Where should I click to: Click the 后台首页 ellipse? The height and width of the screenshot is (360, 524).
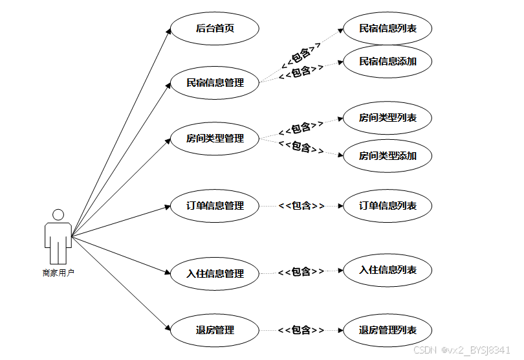pos(215,28)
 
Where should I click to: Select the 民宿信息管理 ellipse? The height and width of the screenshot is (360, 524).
pos(215,82)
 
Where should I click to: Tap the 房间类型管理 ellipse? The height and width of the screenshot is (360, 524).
pos(215,138)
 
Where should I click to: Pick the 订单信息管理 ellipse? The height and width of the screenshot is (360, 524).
pos(215,205)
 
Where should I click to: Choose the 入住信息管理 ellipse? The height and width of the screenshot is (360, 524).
pos(215,273)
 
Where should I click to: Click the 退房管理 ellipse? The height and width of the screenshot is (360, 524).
pos(215,330)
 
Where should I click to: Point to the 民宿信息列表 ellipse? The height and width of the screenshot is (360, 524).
pos(388,28)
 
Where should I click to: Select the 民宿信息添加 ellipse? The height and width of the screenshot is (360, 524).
pos(388,62)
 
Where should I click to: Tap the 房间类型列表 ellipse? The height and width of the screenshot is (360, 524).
pos(388,118)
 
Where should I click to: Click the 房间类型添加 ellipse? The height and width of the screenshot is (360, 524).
pos(388,155)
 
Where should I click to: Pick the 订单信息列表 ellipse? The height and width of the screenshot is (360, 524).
pos(388,205)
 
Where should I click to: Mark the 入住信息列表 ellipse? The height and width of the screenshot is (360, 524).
pos(388,270)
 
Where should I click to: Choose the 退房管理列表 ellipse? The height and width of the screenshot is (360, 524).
pos(388,330)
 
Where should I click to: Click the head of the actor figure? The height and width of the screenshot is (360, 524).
pos(58,214)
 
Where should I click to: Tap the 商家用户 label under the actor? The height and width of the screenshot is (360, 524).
pos(58,273)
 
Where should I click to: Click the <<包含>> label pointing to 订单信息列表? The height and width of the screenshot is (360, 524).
pos(301,205)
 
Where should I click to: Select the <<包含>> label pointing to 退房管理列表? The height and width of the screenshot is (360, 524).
pos(301,330)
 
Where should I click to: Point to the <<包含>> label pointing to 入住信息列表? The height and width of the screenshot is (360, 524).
pos(301,271)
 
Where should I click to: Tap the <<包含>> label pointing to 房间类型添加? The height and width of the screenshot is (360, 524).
pos(301,147)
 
